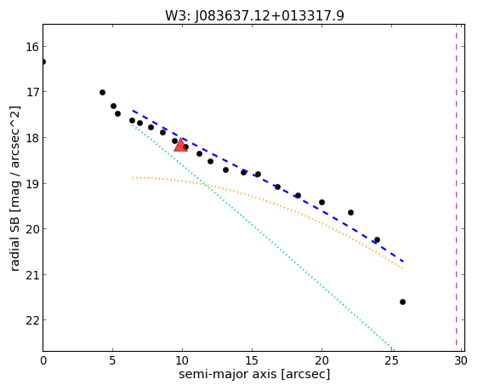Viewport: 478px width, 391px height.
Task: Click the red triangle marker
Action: click(181, 145)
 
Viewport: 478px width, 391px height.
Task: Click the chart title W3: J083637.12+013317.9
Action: click(254, 15)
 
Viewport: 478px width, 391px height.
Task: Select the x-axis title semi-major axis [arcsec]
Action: click(254, 374)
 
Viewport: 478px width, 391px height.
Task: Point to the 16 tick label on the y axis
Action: click(31, 47)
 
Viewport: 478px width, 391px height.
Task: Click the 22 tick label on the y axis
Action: click(31, 320)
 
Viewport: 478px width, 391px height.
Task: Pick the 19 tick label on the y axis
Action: click(31, 183)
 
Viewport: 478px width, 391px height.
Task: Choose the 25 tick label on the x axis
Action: click(391, 361)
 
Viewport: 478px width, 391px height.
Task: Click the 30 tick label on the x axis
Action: click(461, 361)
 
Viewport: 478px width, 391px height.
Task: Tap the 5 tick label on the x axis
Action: click(112, 361)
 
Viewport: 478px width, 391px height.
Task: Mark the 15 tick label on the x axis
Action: click(252, 361)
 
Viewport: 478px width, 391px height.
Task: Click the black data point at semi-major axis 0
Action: click(43, 61)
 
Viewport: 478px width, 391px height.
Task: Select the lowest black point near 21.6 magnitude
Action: click(402, 302)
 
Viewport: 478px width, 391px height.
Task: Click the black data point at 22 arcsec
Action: click(350, 212)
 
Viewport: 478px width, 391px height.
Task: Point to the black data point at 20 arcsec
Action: click(322, 202)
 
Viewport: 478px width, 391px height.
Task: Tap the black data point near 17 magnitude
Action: click(102, 92)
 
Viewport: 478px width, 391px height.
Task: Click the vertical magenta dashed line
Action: click(456, 185)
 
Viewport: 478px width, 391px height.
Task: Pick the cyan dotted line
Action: click(262, 237)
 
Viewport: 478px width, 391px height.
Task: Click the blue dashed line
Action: click(268, 186)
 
